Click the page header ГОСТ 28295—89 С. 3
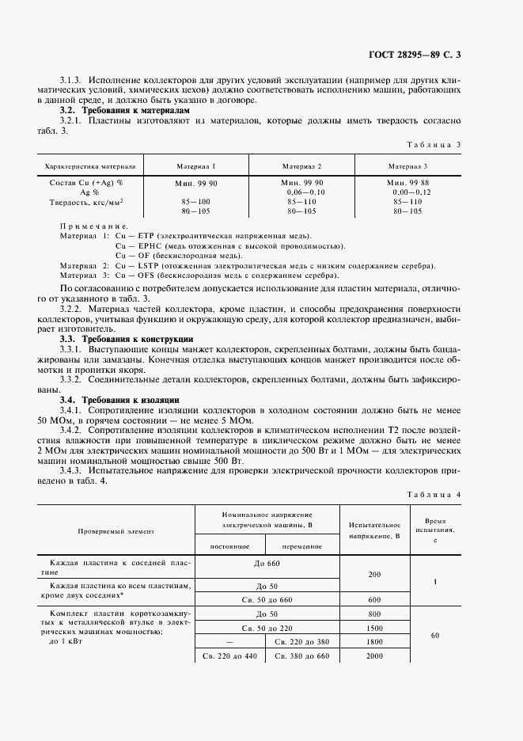click(415, 55)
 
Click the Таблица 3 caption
click(433, 144)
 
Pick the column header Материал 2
click(301, 167)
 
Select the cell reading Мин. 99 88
click(407, 182)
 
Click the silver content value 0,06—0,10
click(302, 192)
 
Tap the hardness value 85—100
click(196, 202)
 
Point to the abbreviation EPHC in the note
click(150, 246)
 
